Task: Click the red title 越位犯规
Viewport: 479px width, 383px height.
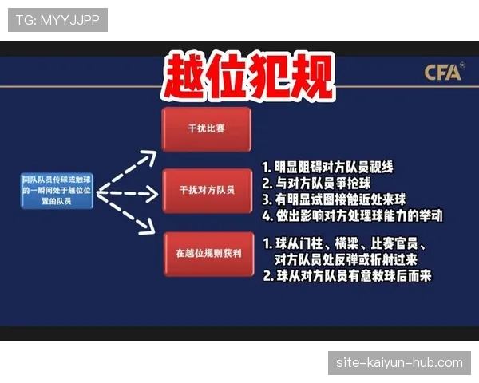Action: [x=247, y=77]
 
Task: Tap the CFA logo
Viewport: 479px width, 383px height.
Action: [x=443, y=73]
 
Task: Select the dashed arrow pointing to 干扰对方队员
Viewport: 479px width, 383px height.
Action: [x=128, y=192]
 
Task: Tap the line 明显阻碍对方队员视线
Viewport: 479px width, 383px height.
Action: [x=327, y=168]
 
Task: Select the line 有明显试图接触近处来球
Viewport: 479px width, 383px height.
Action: [x=340, y=199]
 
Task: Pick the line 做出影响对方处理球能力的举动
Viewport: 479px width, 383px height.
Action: [x=352, y=215]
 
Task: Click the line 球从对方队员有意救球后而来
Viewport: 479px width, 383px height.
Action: [x=346, y=276]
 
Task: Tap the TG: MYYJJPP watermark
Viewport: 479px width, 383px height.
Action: [x=57, y=19]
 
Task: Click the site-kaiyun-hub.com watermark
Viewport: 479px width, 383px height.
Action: [x=399, y=362]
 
